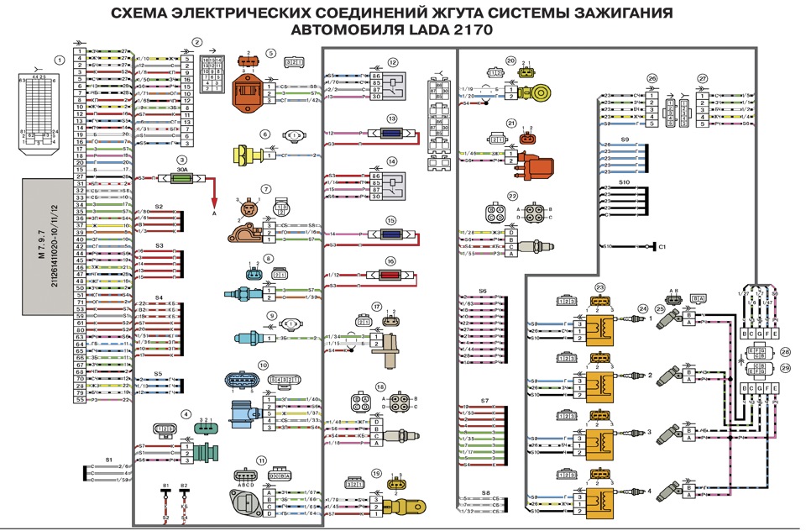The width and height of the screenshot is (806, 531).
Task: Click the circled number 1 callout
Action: [x=59, y=60]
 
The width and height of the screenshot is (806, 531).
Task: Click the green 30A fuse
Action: [x=182, y=177]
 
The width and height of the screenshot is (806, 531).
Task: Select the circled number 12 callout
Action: [x=392, y=63]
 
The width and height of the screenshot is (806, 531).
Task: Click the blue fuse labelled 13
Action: [x=392, y=133]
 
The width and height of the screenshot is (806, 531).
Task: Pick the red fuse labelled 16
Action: [x=391, y=275]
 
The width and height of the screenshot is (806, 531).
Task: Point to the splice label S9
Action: [x=625, y=139]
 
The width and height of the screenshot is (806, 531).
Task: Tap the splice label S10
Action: [x=625, y=181]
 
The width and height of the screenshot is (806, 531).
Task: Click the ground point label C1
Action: [x=662, y=246]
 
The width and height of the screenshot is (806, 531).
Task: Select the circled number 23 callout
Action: [x=600, y=287]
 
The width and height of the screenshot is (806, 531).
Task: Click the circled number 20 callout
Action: [x=510, y=60]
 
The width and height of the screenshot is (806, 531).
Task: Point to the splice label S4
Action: [x=159, y=297]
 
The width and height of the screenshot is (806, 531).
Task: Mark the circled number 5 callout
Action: [x=271, y=53]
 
